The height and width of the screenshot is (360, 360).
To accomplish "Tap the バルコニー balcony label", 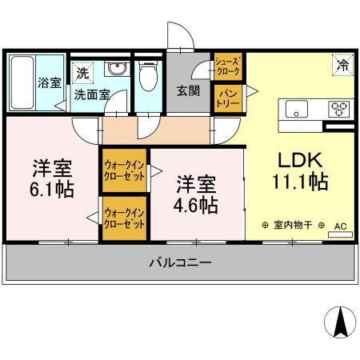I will (180, 262).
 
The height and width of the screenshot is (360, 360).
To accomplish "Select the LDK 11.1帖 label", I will (301, 170).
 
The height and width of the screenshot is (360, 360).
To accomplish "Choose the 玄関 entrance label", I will (187, 90).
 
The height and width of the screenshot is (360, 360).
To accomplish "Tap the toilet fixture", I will (147, 78).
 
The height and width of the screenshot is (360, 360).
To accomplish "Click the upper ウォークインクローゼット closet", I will (124, 170).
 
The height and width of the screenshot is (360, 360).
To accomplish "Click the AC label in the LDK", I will (339, 226).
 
